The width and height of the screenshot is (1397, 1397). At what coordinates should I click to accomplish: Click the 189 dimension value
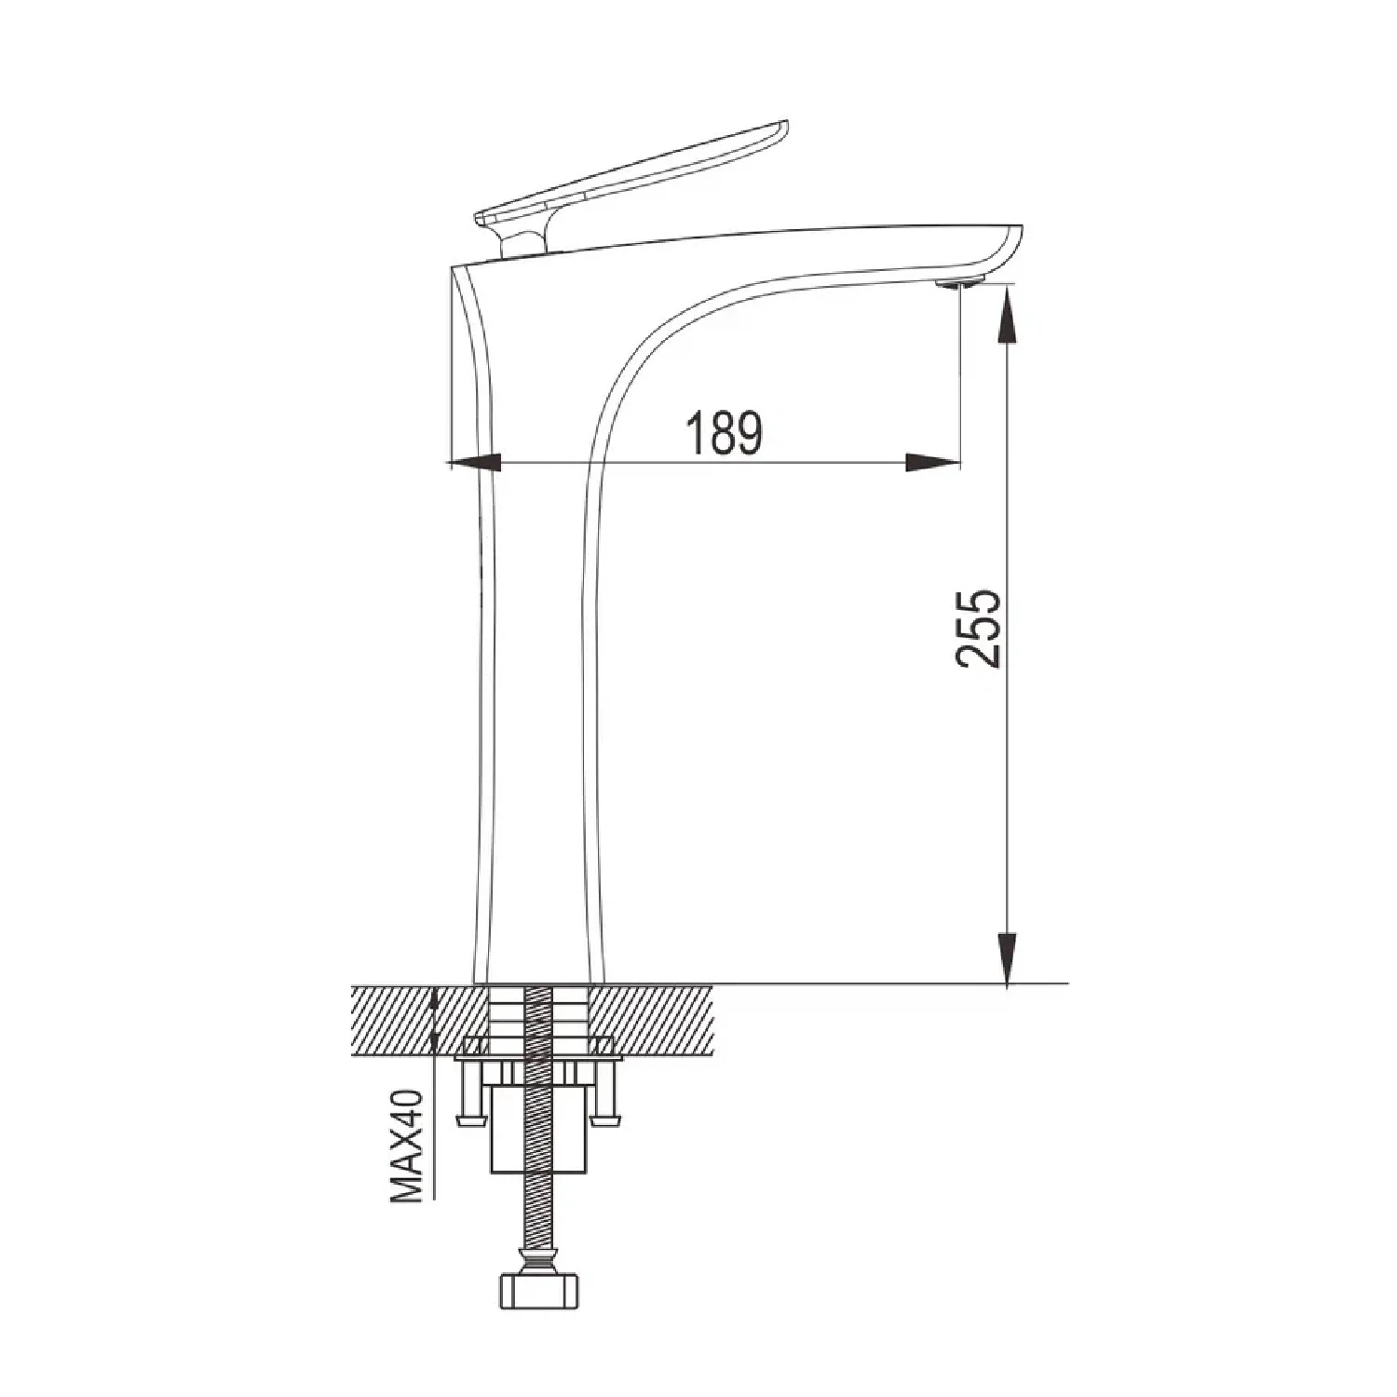click(725, 433)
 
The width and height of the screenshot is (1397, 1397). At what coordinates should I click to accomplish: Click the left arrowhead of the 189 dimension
click(475, 462)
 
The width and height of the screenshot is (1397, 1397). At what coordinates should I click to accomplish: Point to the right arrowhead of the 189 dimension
click(933, 462)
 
